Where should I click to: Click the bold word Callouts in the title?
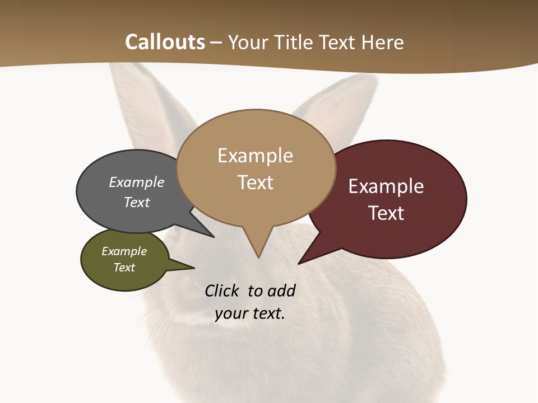pyautogui.click(x=165, y=42)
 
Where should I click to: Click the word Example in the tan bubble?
pyautogui.click(x=255, y=156)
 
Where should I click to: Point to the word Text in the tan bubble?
pyautogui.click(x=255, y=182)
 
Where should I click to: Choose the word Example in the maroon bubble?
pyautogui.click(x=386, y=186)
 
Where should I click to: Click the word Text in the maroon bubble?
pyautogui.click(x=386, y=213)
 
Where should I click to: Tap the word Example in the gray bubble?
pyautogui.click(x=136, y=182)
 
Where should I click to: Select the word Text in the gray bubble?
pyautogui.click(x=136, y=202)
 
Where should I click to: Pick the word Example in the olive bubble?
pyautogui.click(x=124, y=251)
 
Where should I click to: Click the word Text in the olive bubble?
pyautogui.click(x=124, y=268)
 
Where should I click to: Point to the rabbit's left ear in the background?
pyautogui.click(x=140, y=101)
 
